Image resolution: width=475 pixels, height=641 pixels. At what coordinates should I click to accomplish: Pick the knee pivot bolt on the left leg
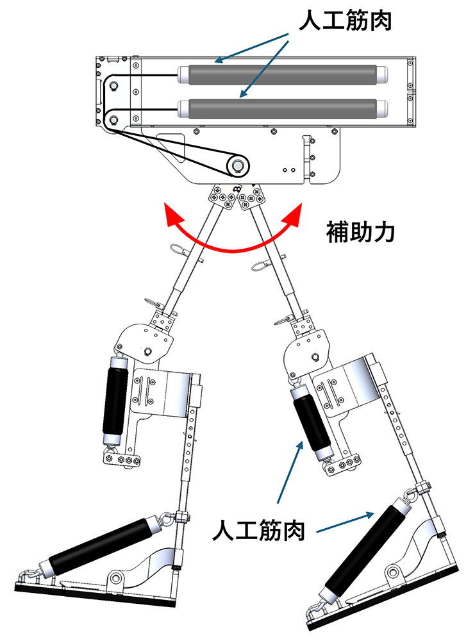(148, 351)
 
